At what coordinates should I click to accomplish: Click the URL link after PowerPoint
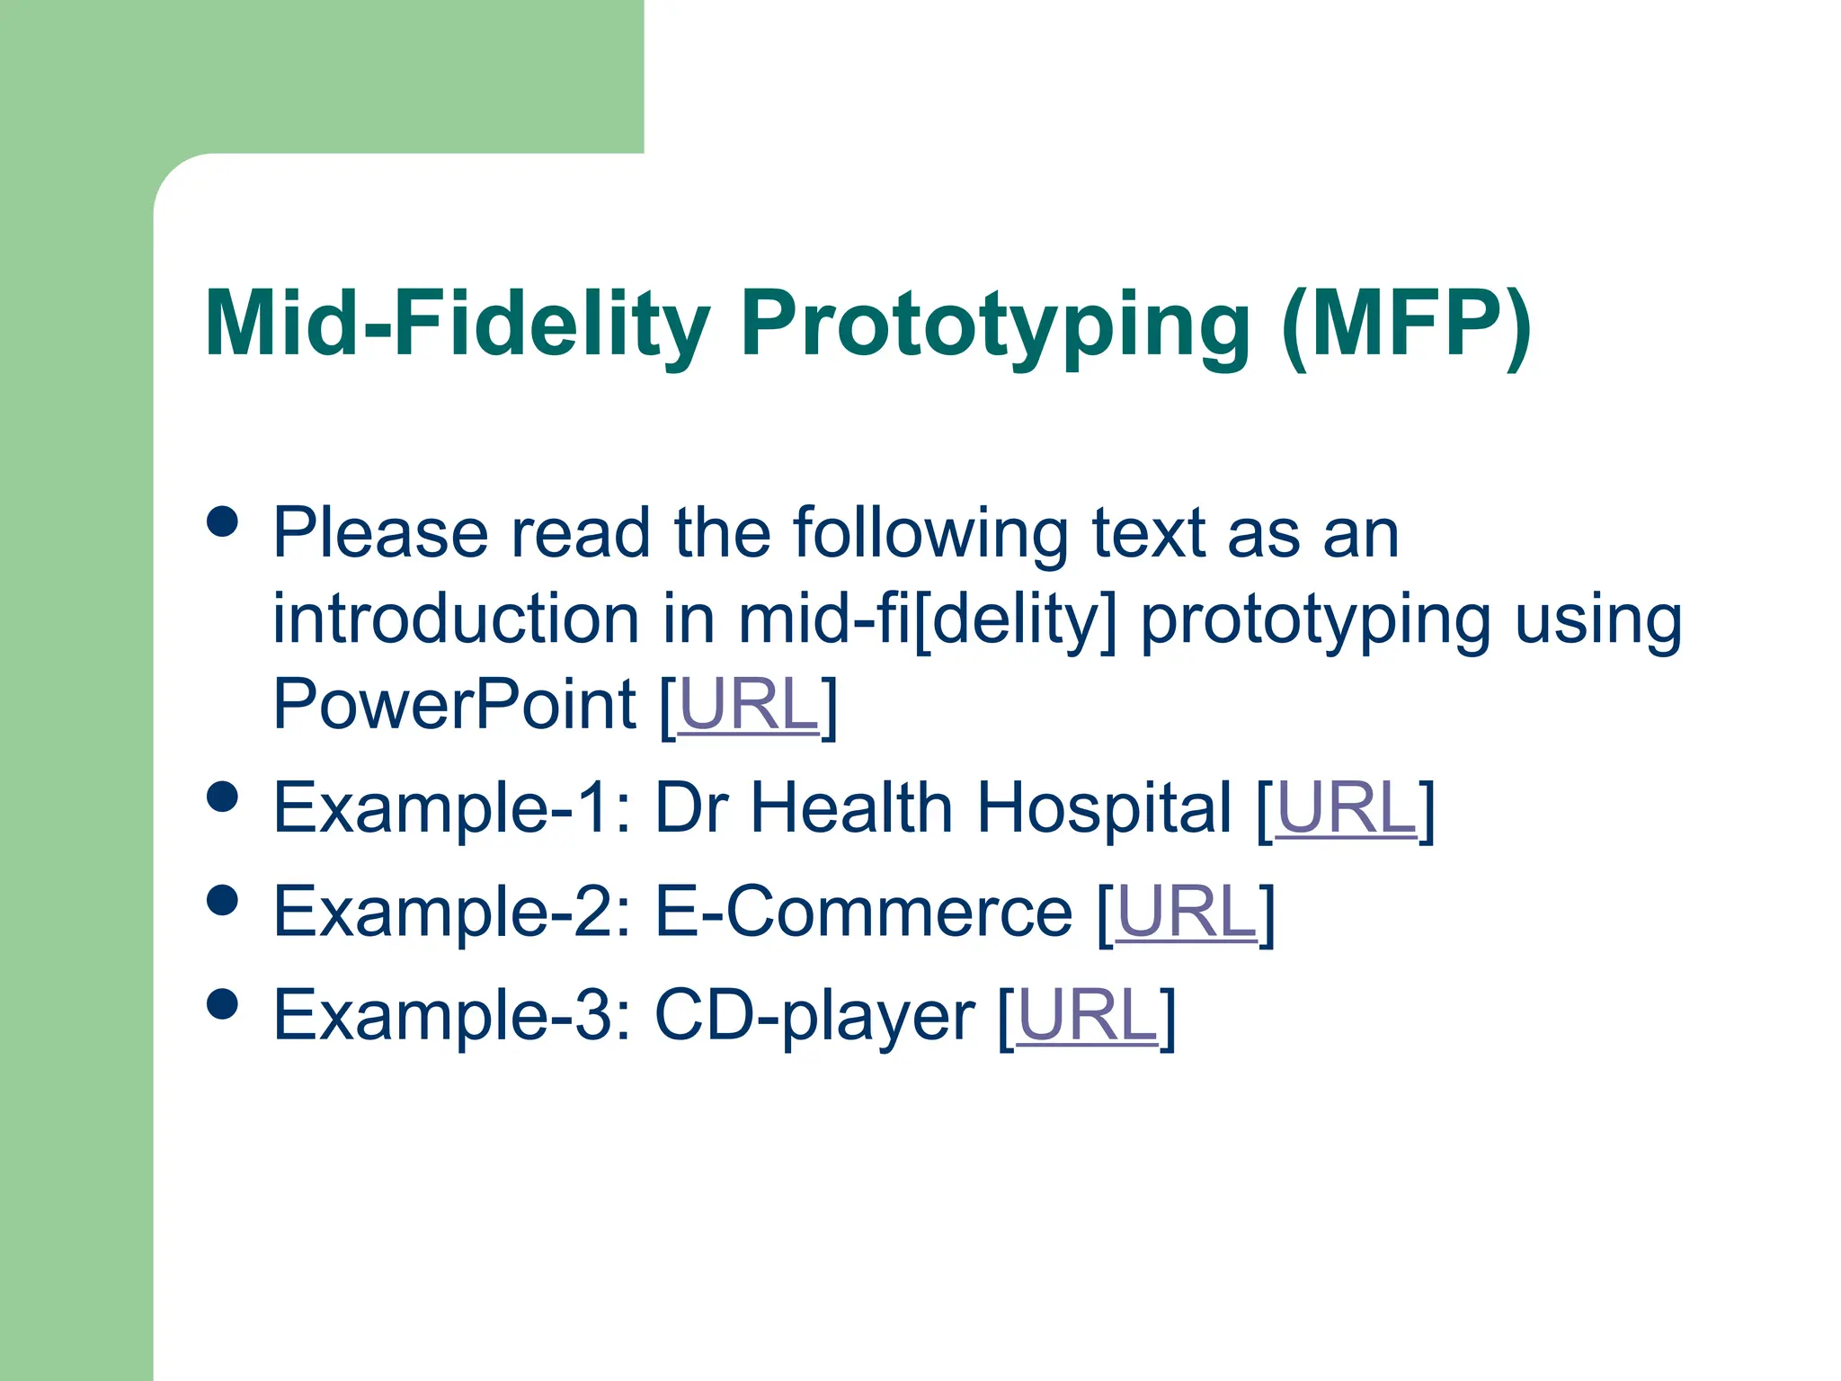click(748, 705)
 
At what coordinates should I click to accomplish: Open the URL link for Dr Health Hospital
click(1346, 808)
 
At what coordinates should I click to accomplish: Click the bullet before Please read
click(222, 521)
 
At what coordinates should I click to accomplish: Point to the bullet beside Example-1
click(222, 797)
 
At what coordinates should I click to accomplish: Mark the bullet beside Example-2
click(222, 900)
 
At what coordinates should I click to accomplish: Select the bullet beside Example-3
click(222, 1003)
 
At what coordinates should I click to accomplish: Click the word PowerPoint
click(455, 705)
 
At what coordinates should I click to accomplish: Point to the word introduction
click(456, 619)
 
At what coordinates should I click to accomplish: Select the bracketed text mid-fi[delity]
click(927, 619)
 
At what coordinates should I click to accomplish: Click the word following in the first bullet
click(930, 534)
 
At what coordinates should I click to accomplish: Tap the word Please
click(380, 534)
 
